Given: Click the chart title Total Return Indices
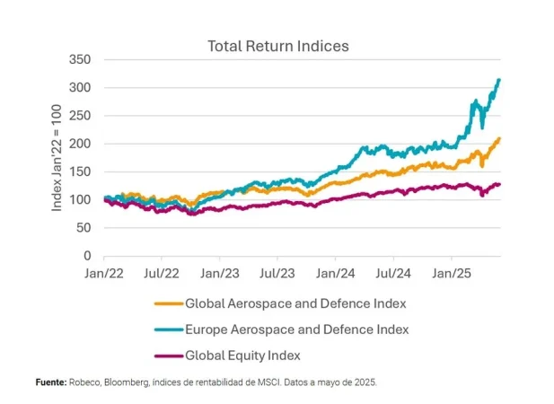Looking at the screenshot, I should [x=277, y=45].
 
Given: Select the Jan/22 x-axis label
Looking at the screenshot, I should [x=105, y=269].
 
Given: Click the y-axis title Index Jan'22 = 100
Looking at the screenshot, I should [x=57, y=157].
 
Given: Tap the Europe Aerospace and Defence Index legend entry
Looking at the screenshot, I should [x=284, y=329].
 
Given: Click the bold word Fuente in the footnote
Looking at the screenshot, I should [x=51, y=382].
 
